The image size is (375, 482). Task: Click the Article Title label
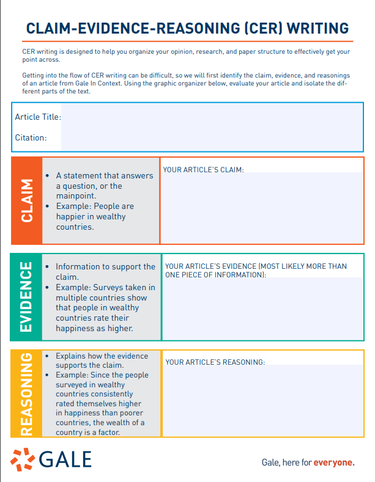coord(38,117)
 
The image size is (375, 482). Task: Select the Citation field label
coord(31,137)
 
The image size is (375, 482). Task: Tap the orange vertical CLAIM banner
coord(26,200)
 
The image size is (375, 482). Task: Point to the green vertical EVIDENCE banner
coord(26,296)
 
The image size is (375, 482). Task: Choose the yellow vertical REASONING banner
coord(26,394)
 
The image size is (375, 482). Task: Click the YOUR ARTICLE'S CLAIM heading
coord(203,169)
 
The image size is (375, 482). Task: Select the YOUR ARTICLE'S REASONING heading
coord(215,362)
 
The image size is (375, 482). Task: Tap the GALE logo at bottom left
coord(51,459)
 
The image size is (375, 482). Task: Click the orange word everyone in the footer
coord(333,462)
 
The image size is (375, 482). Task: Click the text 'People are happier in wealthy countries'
coord(95,216)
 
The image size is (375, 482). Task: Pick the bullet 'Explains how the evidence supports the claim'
coord(102,360)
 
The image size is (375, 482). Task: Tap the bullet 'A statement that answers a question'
coord(104,181)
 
